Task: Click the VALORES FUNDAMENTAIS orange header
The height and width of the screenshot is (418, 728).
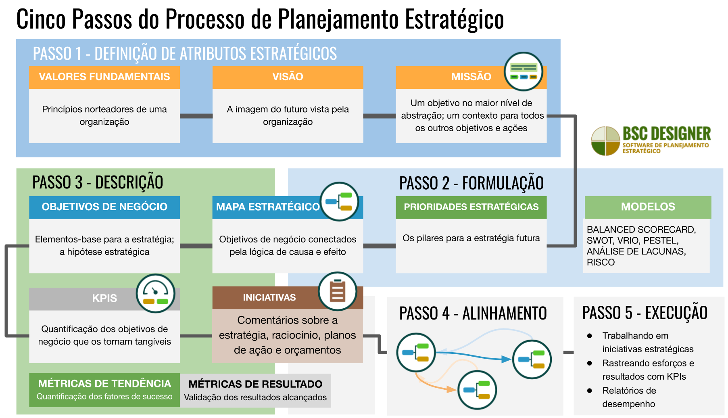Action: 104,77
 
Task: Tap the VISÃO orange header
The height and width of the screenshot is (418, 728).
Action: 288,77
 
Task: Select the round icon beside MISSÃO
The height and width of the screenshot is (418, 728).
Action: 524,72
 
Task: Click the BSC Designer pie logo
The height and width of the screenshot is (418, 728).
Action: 605,141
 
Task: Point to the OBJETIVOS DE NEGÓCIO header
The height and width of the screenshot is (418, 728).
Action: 104,207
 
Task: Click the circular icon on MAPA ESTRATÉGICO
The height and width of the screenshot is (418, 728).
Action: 339,201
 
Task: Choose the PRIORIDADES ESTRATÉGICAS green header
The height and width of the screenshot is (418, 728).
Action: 471,207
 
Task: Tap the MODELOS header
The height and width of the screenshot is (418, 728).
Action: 648,207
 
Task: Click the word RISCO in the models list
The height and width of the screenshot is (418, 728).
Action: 601,262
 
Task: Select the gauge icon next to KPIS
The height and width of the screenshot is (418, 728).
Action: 155,293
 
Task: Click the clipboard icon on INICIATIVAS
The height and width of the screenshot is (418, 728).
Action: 338,291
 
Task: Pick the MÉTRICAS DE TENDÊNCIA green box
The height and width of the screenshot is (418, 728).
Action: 104,389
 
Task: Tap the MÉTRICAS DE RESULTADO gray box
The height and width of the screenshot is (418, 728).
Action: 255,390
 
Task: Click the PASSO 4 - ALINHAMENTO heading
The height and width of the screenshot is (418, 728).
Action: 473,313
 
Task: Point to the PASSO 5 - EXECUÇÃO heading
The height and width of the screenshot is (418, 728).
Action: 645,313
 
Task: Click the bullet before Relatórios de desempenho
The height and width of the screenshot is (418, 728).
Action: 590,391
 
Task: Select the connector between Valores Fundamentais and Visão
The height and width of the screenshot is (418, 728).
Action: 196,116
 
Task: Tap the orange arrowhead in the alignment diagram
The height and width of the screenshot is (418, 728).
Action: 451,389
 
